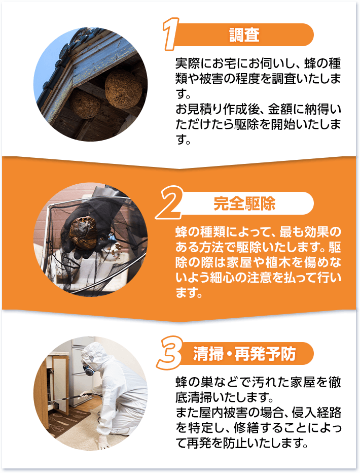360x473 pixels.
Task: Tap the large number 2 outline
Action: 169,202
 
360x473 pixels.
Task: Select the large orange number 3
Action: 170,353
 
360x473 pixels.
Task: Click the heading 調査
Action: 244,35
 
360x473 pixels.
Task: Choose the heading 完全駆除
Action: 244,204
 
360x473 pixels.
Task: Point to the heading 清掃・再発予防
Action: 244,354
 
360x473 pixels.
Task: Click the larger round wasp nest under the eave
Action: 124,89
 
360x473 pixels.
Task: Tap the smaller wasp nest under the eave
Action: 85,105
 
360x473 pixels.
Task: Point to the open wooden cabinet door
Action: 59,383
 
